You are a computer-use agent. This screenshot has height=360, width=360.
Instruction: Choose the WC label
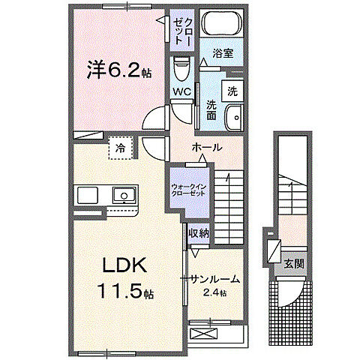pos(181,92)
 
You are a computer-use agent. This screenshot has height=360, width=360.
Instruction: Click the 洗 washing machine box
pos(232,91)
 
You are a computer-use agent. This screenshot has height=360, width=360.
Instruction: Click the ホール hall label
pos(206,147)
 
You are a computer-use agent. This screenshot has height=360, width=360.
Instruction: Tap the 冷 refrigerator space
pos(120,148)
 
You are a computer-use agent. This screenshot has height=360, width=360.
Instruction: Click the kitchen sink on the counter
pos(122,196)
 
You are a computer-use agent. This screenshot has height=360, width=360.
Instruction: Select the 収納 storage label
pos(198,234)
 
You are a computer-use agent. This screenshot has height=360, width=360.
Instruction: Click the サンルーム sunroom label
pos(214,278)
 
